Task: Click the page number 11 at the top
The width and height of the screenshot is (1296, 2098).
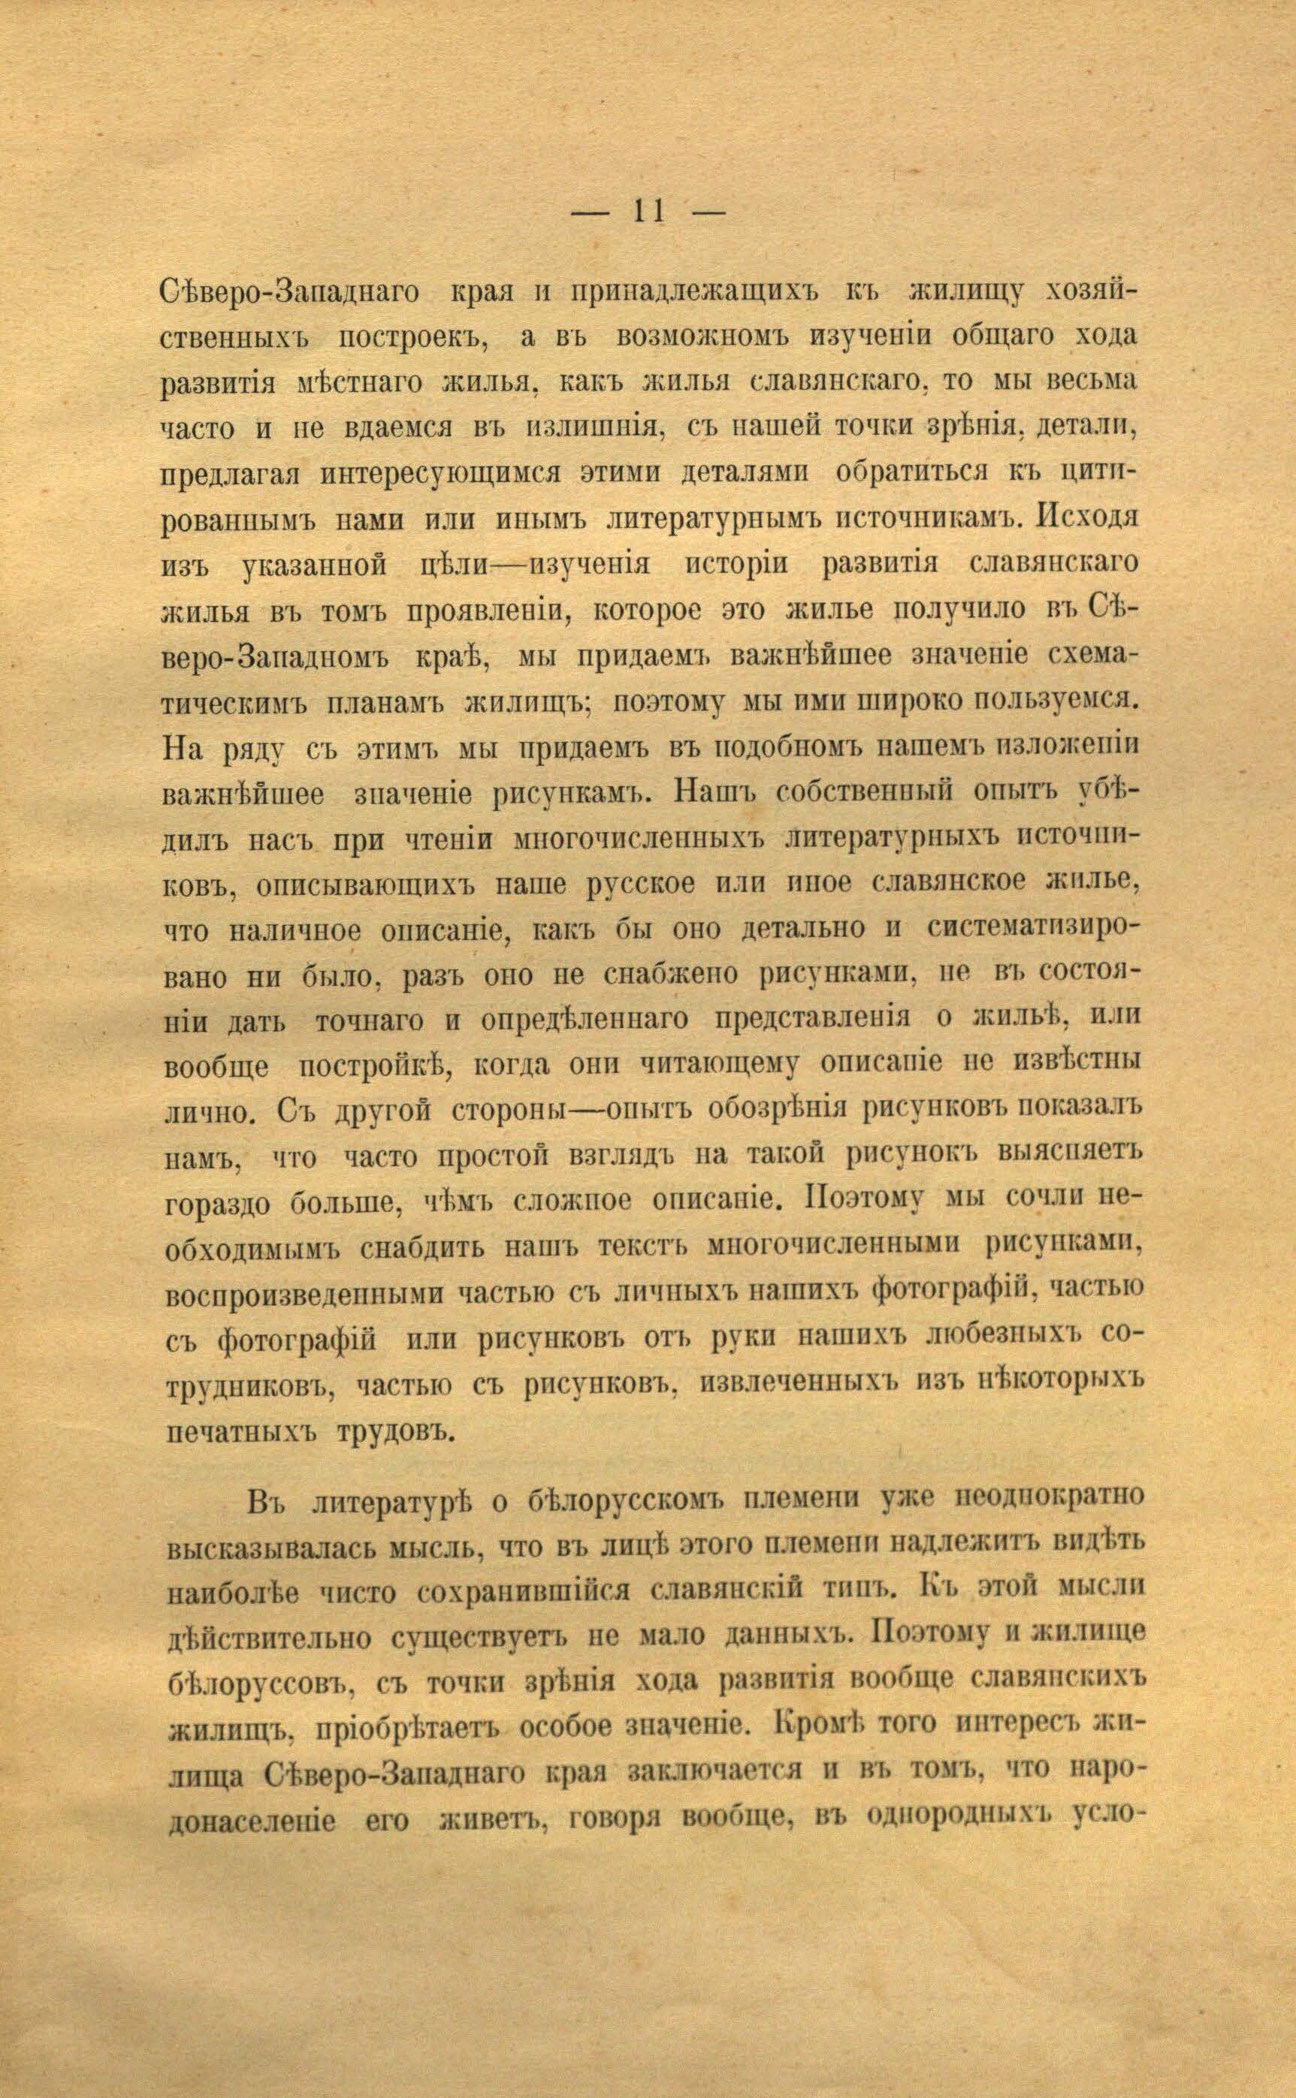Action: [x=649, y=212]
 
